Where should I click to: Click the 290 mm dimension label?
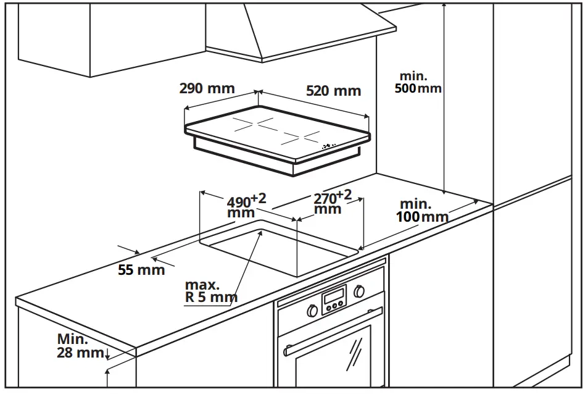(x=207, y=88)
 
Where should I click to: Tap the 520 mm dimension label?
(x=333, y=91)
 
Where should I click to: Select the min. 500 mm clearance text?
(x=418, y=82)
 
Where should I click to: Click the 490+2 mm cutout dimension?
(x=246, y=206)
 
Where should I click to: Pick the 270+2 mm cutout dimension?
(x=332, y=202)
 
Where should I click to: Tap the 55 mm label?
(x=141, y=270)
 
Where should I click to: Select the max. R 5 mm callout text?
(x=210, y=291)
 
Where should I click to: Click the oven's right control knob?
(x=360, y=291)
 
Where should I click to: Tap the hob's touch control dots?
(x=329, y=146)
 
